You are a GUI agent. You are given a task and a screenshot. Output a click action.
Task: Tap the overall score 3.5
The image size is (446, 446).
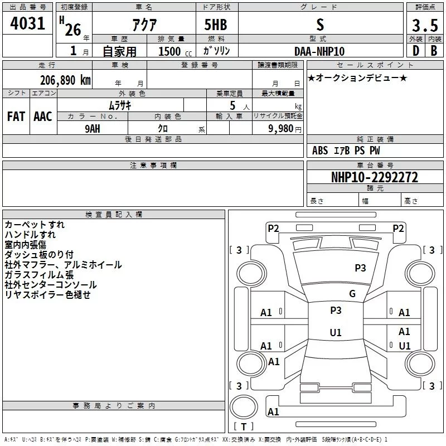click(x=424, y=26)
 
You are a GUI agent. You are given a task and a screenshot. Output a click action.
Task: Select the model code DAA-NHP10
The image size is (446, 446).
click(x=319, y=51)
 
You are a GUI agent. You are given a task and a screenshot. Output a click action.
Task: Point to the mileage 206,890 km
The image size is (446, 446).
click(x=65, y=80)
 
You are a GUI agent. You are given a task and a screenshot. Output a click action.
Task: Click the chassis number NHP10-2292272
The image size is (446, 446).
click(x=375, y=178)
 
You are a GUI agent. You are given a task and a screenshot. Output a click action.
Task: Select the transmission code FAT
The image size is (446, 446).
click(x=16, y=117)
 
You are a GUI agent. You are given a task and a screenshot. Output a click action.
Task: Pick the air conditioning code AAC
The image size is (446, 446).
click(x=43, y=117)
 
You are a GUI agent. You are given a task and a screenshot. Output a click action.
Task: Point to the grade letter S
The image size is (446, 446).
click(x=319, y=25)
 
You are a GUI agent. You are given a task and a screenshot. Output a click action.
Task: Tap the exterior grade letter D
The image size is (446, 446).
click(x=415, y=51)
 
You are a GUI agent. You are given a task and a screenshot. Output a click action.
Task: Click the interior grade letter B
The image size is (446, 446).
click(x=434, y=51)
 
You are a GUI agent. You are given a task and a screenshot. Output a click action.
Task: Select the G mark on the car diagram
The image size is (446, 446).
click(x=352, y=294)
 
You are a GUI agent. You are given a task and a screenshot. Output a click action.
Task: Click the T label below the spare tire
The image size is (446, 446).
click(x=243, y=427)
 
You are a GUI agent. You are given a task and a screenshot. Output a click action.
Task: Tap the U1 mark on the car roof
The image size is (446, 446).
click(x=336, y=333)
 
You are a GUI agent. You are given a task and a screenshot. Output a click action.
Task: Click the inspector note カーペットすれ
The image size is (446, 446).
click(x=35, y=225)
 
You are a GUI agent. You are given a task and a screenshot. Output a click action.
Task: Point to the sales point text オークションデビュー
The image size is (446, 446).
click(x=357, y=77)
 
